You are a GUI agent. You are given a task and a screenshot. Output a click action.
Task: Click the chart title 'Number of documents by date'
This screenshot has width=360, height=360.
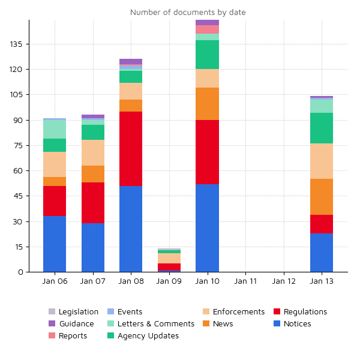188,13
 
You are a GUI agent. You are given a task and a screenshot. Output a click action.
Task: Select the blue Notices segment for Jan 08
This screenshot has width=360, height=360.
131,229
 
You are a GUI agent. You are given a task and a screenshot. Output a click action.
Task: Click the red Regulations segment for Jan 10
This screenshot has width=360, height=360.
207,152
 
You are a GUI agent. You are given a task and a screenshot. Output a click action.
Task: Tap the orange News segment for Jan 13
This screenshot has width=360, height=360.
322,197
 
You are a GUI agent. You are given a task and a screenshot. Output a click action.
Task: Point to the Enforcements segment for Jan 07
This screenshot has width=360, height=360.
93,152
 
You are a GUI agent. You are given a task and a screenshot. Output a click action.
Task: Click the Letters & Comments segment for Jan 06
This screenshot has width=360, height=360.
55,130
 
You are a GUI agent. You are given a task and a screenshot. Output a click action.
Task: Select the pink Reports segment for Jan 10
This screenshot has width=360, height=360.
207,29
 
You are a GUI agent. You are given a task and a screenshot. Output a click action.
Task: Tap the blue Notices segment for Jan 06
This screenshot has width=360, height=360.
55,244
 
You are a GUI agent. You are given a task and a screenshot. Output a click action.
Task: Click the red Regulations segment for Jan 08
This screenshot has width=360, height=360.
131,149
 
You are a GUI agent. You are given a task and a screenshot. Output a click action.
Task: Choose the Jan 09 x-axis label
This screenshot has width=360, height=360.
169,281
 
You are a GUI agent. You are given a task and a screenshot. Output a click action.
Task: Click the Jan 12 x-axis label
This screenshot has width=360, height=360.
283,281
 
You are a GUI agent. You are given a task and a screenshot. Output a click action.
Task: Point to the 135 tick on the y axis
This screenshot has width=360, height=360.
16,44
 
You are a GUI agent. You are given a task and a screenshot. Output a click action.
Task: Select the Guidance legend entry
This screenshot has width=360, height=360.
71,324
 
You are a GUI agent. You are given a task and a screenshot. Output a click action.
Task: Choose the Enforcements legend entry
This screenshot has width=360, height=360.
233,312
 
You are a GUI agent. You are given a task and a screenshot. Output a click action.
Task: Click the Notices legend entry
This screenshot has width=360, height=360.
292,324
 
